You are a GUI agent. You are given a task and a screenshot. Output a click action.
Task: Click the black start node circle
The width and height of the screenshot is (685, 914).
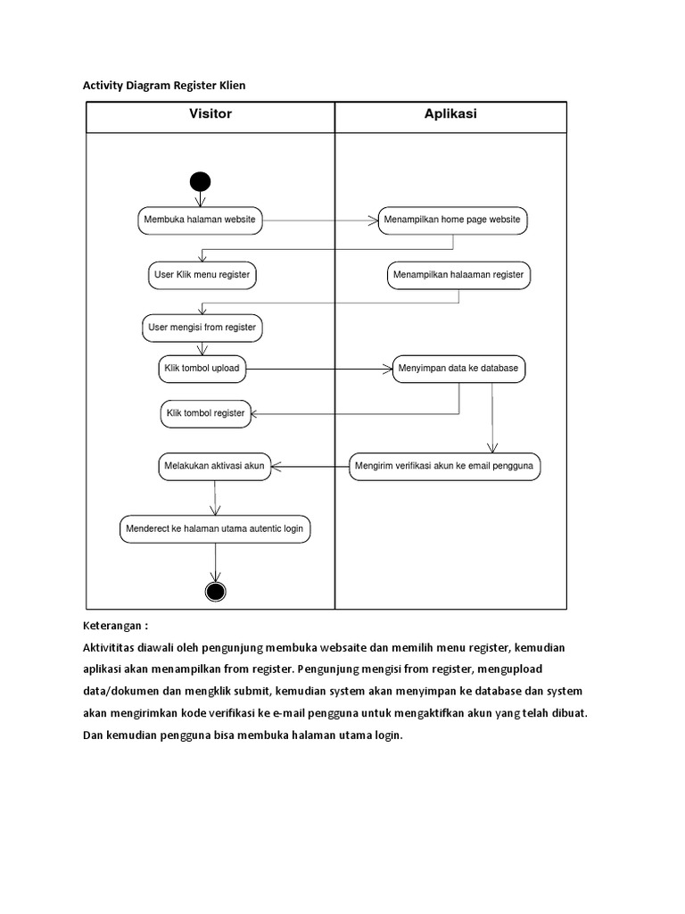pyautogui.click(x=200, y=181)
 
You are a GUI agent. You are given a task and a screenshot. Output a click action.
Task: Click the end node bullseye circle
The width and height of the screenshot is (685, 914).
pyautogui.click(x=216, y=590)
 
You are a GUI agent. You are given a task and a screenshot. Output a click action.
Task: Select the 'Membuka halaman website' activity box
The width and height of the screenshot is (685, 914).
pyautogui.click(x=200, y=220)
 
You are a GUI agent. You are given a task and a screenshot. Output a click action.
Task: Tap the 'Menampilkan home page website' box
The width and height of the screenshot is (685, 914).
pyautogui.click(x=452, y=220)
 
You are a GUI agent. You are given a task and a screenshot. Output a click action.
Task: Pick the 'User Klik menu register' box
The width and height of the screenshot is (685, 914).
pyautogui.click(x=202, y=275)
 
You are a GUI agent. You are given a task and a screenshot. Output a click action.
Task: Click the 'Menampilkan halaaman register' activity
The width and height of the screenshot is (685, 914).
pyautogui.click(x=458, y=275)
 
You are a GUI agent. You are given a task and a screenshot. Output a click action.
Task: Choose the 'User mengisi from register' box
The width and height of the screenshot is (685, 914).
pyautogui.click(x=202, y=328)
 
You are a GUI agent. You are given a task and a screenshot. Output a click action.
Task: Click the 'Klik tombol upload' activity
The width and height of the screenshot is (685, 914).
pyautogui.click(x=202, y=369)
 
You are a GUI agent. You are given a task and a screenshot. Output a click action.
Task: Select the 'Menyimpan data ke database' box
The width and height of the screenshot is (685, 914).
pyautogui.click(x=459, y=369)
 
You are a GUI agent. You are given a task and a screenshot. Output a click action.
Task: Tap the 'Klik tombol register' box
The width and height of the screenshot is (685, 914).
pyautogui.click(x=205, y=413)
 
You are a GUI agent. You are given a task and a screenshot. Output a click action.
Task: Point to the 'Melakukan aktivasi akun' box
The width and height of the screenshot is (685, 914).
pyautogui.click(x=214, y=466)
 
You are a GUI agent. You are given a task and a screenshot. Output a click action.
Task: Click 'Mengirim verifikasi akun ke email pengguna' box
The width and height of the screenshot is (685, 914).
pyautogui.click(x=444, y=466)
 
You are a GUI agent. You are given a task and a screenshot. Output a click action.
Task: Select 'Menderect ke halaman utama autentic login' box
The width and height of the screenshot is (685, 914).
pyautogui.click(x=215, y=528)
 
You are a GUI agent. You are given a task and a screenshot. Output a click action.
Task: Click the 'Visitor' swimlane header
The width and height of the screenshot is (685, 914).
pyautogui.click(x=210, y=114)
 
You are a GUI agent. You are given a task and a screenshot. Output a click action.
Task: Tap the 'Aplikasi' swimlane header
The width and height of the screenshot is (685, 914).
pyautogui.click(x=450, y=114)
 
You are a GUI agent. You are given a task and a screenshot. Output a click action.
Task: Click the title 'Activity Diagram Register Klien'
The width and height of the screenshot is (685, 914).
pyautogui.click(x=163, y=86)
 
